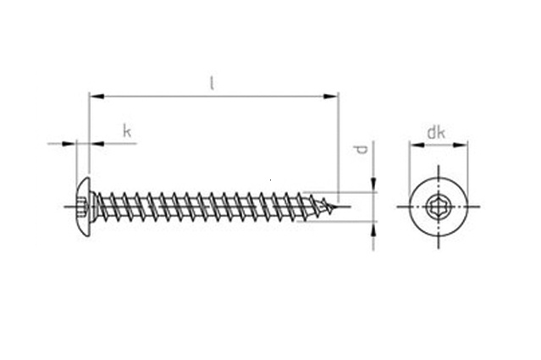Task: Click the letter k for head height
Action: [x=127, y=130]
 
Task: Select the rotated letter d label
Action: [x=362, y=150]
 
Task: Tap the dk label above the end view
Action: [x=435, y=131]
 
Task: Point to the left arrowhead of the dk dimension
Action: [x=415, y=145]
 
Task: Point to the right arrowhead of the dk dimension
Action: [x=463, y=145]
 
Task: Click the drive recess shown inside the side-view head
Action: [x=84, y=206]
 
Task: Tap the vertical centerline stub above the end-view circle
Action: [x=439, y=169]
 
